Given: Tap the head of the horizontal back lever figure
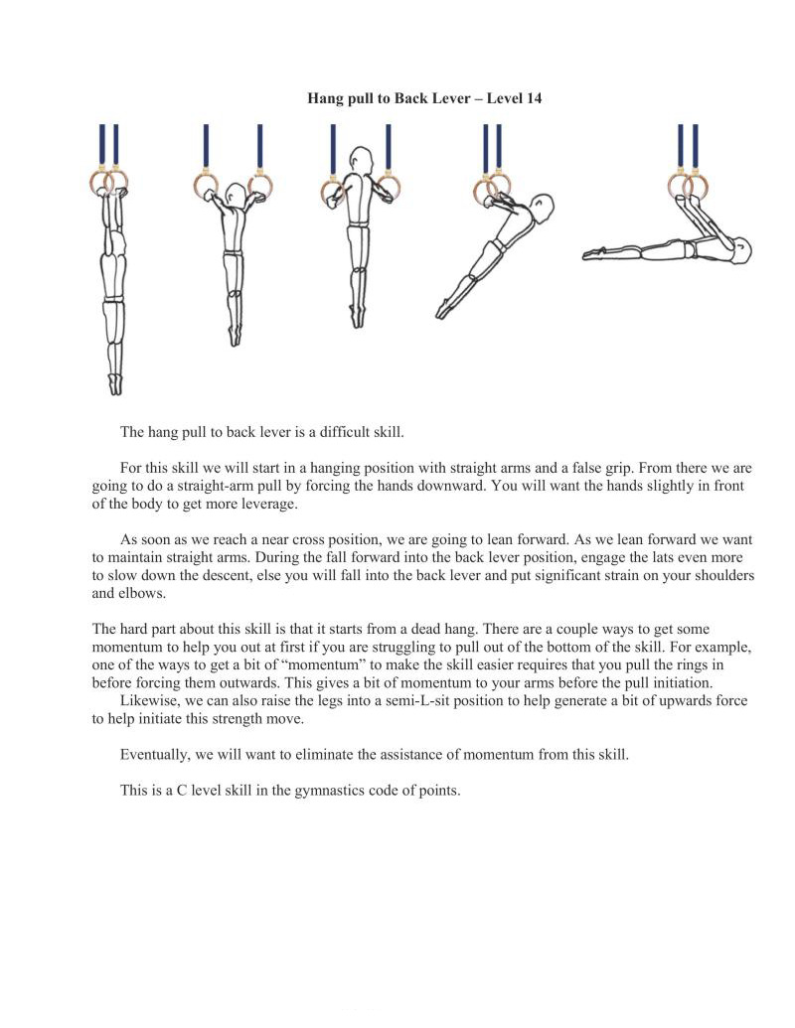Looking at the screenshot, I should coord(738,248).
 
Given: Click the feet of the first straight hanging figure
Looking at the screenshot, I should coord(116,382).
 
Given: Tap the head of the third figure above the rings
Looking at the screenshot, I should coord(360,160).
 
